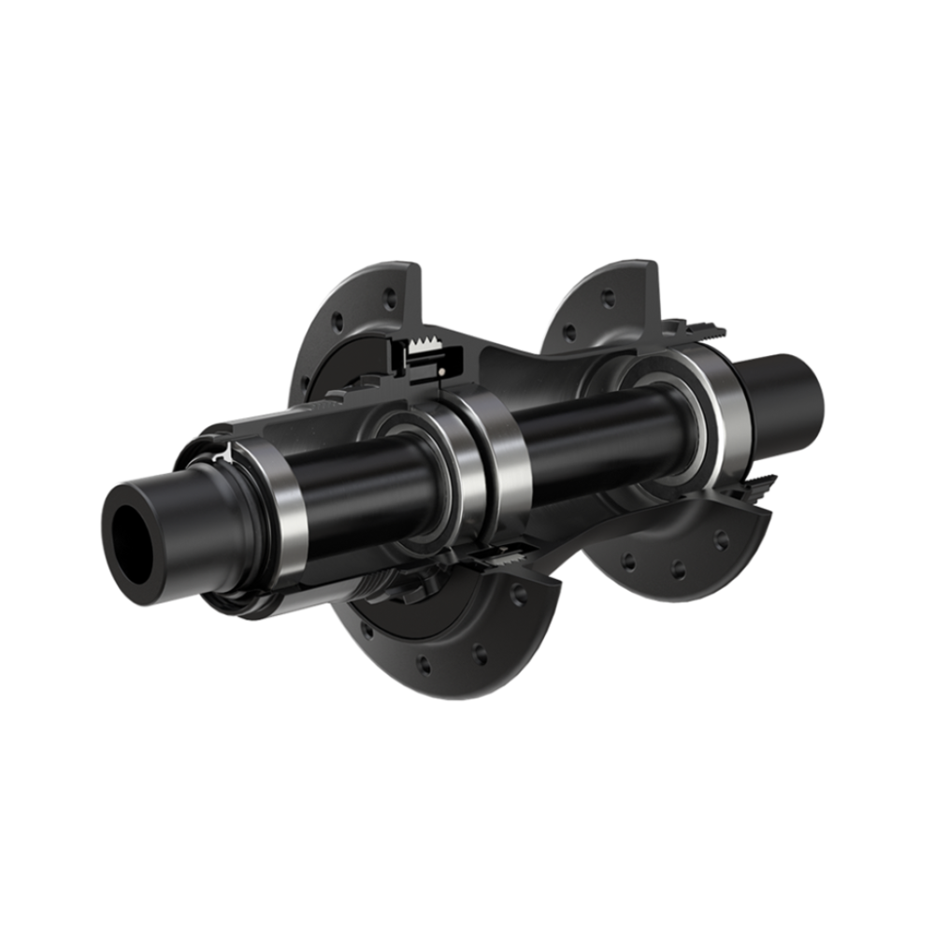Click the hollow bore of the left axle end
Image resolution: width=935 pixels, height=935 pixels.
pos(132,542)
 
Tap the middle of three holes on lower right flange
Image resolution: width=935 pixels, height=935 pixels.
pos(678,569)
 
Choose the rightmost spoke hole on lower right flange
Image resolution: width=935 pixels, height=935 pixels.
pos(721,540)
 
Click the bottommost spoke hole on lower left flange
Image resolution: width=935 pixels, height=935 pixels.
pos(423,666)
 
